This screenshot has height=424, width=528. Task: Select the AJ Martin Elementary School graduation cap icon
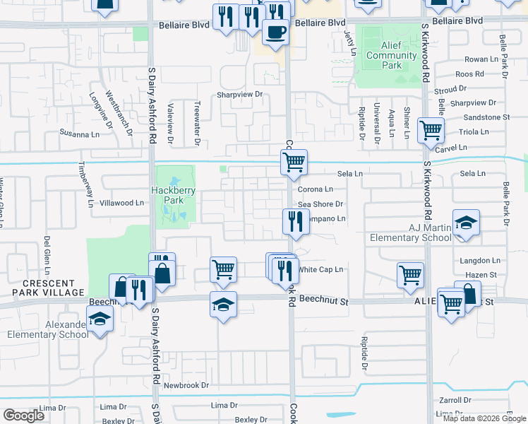[466, 223]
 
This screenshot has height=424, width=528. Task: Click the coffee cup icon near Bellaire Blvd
[275, 31]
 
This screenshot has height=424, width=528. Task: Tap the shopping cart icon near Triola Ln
[430, 130]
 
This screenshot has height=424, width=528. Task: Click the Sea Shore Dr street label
[320, 204]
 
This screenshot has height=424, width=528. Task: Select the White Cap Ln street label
[320, 269]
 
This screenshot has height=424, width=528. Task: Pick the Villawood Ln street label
[121, 203]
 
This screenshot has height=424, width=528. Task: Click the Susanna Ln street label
[79, 134]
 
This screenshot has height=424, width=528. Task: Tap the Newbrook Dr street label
[186, 385]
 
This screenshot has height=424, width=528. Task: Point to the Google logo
[23, 416]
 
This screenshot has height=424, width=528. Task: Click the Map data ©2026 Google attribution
[484, 418]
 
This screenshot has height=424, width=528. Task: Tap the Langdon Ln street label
[479, 261]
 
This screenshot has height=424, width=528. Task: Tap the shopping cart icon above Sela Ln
[294, 161]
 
